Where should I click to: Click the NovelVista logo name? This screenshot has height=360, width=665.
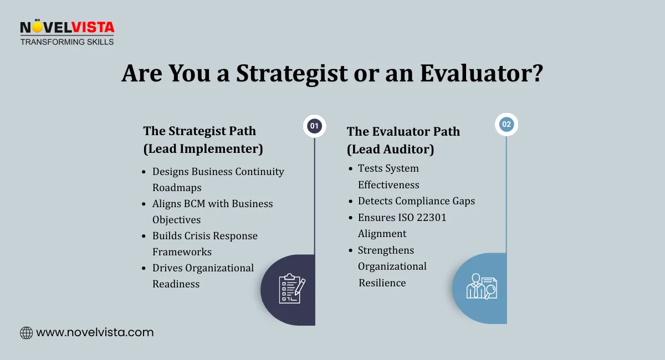(x=67, y=28)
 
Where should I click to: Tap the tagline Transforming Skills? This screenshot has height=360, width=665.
(x=67, y=42)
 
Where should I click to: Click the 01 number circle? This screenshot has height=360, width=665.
(x=315, y=126)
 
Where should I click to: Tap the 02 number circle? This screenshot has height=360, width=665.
(x=507, y=125)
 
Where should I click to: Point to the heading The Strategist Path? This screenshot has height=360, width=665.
(x=199, y=131)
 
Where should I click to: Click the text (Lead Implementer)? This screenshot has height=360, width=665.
(x=203, y=148)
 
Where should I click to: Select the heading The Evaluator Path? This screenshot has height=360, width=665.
(x=403, y=131)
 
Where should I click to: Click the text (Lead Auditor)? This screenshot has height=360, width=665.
(x=390, y=149)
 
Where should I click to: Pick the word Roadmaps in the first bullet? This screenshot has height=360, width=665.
(x=177, y=187)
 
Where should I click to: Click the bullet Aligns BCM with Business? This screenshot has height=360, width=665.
(x=213, y=203)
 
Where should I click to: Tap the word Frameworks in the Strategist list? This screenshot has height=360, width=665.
(x=182, y=251)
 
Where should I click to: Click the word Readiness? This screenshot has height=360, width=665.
(x=176, y=284)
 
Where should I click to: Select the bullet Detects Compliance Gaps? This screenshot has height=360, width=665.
(x=416, y=200)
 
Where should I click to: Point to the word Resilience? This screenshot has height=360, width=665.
(x=382, y=282)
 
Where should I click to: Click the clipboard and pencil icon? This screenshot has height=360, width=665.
(x=291, y=289)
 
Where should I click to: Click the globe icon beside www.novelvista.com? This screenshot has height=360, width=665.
(x=26, y=333)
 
